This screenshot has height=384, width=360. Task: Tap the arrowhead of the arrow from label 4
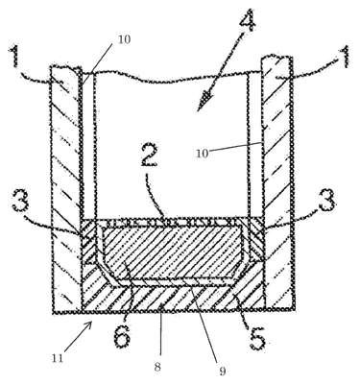point(204,102)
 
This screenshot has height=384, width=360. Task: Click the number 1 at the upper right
point(345,57)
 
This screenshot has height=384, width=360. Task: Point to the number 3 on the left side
point(21,201)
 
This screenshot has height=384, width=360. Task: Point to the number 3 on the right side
point(326,200)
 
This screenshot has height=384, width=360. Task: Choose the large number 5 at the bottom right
point(256,337)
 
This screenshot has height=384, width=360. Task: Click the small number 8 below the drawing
point(156,367)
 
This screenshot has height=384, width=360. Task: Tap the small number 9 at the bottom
point(223,371)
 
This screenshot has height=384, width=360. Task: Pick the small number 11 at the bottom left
point(58,357)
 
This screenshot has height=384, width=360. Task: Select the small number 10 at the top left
point(125,39)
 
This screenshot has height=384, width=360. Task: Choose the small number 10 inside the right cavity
point(203,154)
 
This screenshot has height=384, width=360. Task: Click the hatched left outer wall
point(66,189)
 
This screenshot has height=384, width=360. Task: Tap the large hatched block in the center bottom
point(173,252)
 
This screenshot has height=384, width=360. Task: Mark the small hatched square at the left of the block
point(89,241)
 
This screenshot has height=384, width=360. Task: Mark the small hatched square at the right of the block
point(255,239)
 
